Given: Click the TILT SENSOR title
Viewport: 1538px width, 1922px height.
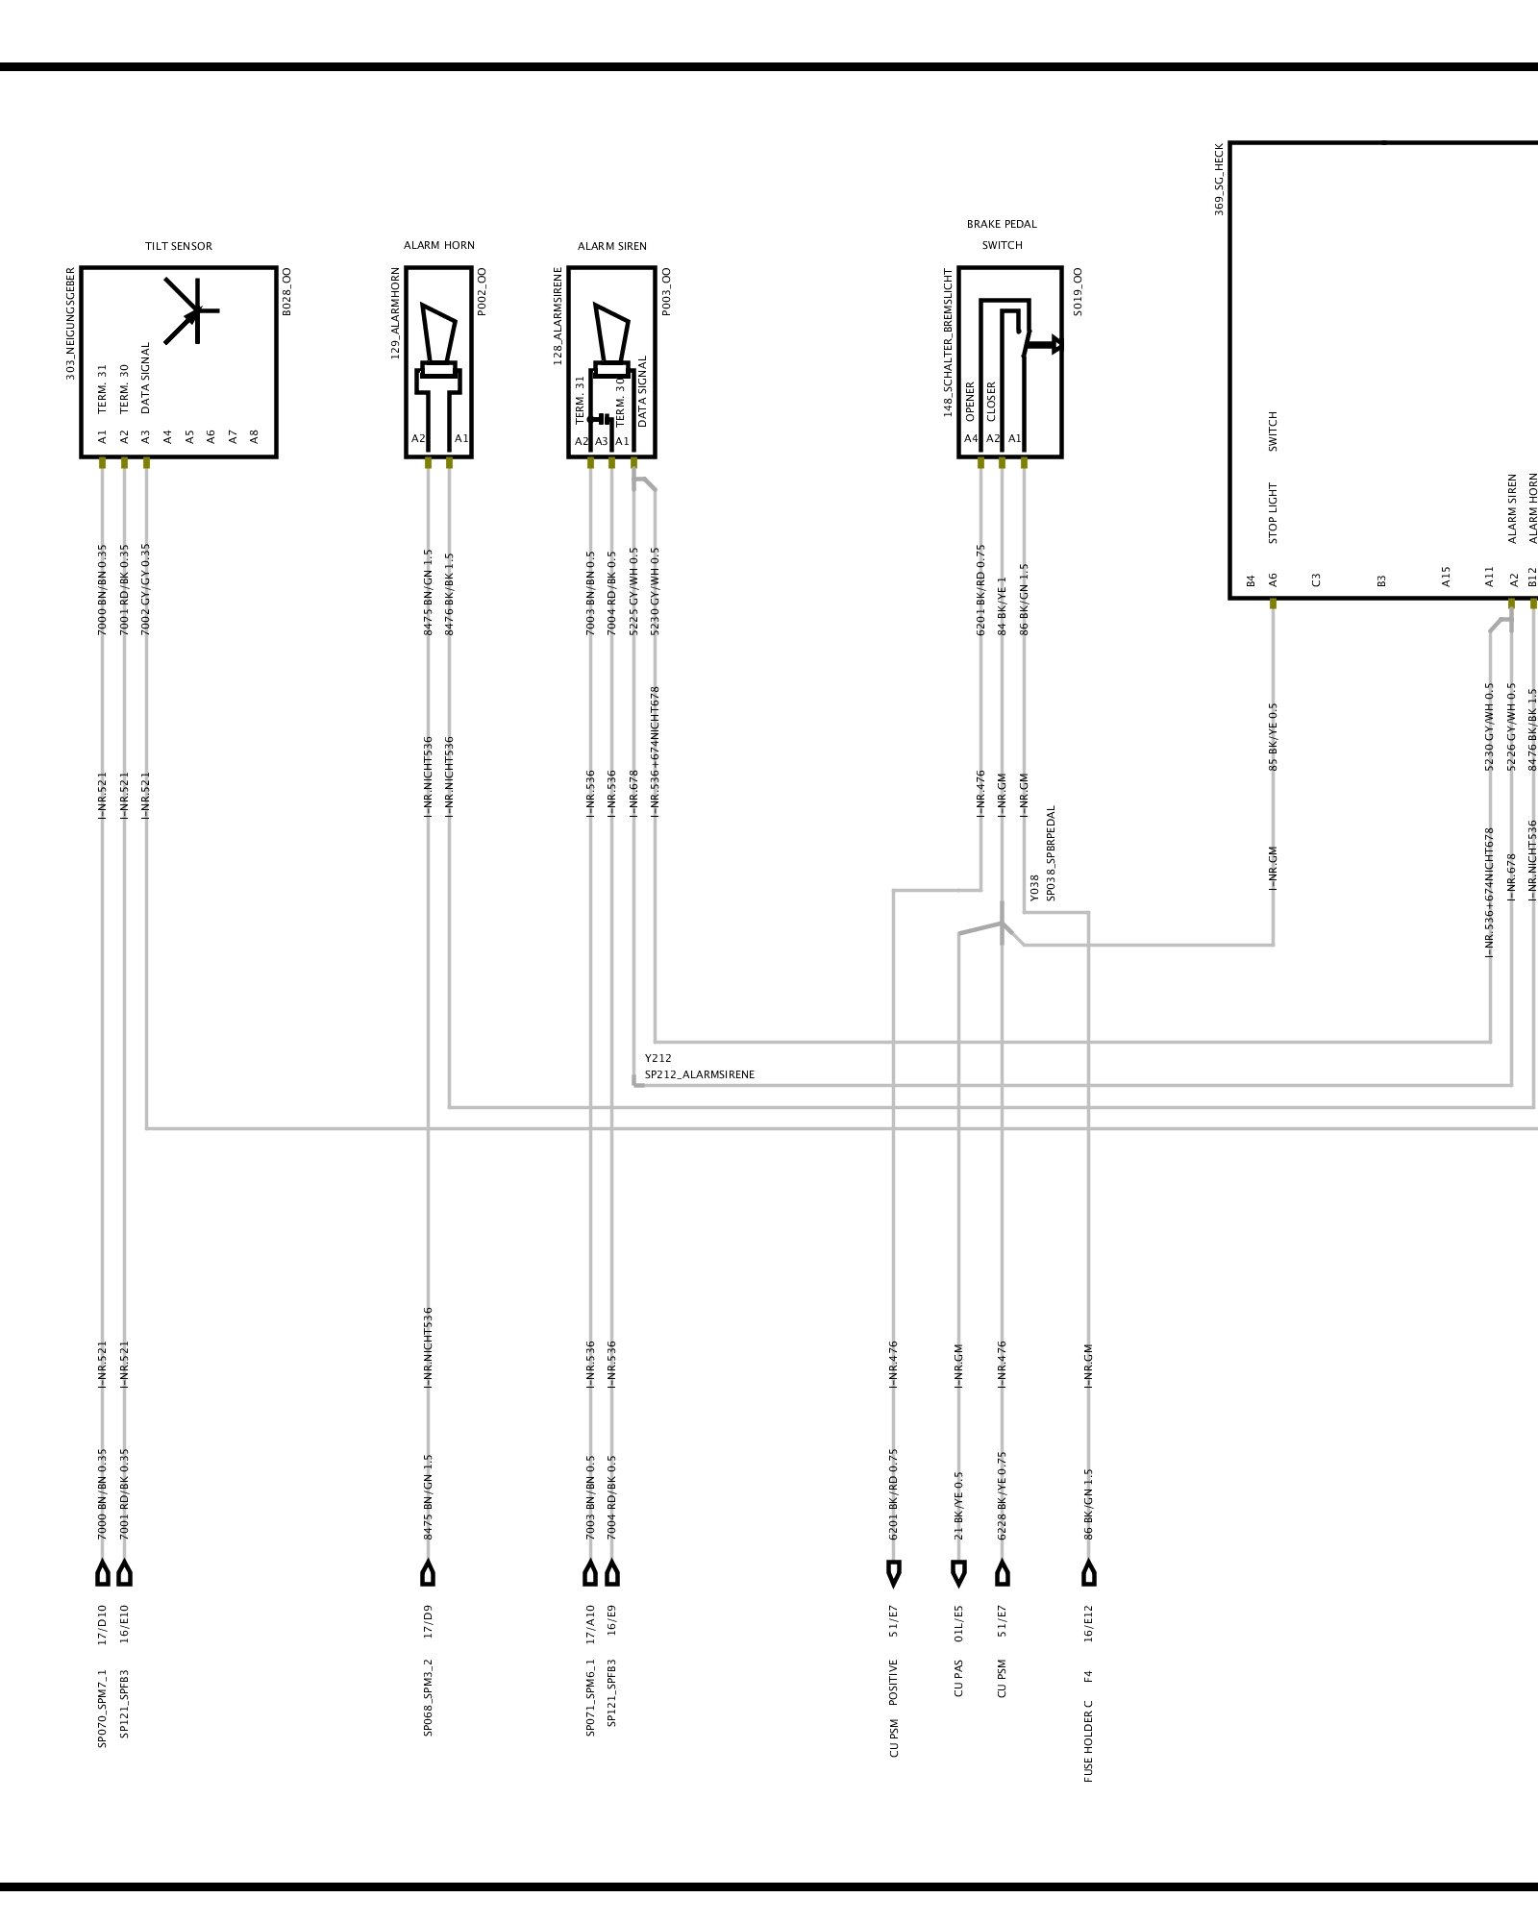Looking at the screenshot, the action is pyautogui.click(x=179, y=246).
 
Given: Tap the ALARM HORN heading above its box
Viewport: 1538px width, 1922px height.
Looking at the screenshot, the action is pyautogui.click(x=438, y=245).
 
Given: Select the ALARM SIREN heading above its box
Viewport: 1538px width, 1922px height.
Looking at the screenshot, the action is pyautogui.click(x=611, y=246).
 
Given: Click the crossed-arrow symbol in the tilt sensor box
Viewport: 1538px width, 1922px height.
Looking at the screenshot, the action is pyautogui.click(x=192, y=310).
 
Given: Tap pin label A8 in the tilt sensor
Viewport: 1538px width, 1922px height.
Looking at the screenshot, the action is pyautogui.click(x=255, y=436).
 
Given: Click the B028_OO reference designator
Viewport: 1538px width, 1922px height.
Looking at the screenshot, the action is pyautogui.click(x=286, y=291).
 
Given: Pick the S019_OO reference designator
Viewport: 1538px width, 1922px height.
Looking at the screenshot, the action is pyautogui.click(x=1078, y=292).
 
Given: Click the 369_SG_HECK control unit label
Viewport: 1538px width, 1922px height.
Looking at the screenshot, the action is pyautogui.click(x=1219, y=180).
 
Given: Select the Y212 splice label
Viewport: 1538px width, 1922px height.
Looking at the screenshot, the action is pyautogui.click(x=658, y=1058).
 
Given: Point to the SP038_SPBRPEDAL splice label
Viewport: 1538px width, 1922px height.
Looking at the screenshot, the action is pyautogui.click(x=1051, y=853).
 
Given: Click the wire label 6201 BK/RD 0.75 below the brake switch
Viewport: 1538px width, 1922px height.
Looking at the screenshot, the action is pyautogui.click(x=980, y=590).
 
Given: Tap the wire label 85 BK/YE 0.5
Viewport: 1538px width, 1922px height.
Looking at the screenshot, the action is pyautogui.click(x=1274, y=736).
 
